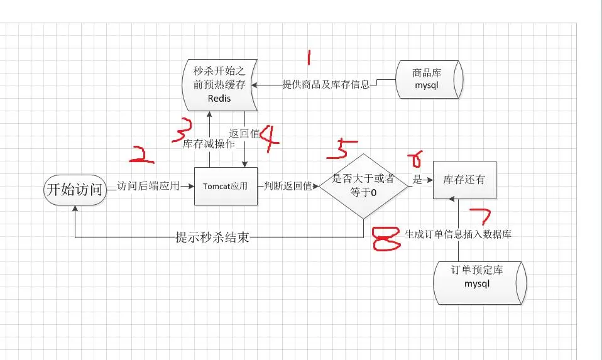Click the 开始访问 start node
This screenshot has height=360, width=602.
[75, 190]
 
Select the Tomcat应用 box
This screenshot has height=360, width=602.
[226, 186]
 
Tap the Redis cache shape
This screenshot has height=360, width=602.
[219, 85]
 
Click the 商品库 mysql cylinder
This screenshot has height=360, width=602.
[429, 79]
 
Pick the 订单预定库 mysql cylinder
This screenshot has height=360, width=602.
[480, 283]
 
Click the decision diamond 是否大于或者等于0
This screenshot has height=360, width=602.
[363, 186]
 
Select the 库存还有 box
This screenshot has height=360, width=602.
[464, 180]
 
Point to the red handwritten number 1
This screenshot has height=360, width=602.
[309, 57]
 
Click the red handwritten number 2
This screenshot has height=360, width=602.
[141, 155]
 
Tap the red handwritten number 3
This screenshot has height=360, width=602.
[182, 129]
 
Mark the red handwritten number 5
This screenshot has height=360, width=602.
[341, 150]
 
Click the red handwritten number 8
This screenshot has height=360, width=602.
[386, 238]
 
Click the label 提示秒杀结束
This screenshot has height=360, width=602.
[212, 237]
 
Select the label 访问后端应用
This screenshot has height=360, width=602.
[148, 186]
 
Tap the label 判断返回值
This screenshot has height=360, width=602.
[288, 186]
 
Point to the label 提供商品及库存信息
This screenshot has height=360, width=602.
[326, 84]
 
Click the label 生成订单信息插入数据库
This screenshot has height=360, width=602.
[458, 234]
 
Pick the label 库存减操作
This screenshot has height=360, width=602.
[209, 145]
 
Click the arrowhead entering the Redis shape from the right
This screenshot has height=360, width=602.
[254, 85]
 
